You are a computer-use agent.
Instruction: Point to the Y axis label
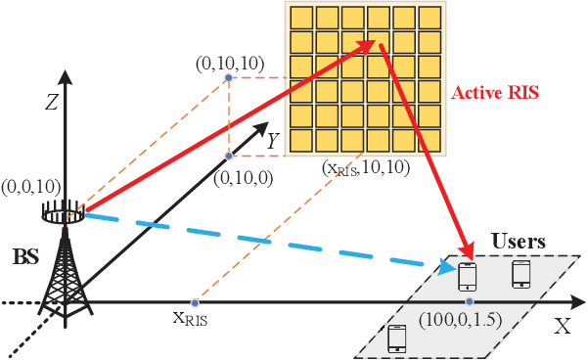pyautogui.click(x=275, y=143)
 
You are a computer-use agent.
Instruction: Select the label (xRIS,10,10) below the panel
pyautogui.click(x=365, y=169)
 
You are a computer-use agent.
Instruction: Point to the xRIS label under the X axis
pyautogui.click(x=192, y=318)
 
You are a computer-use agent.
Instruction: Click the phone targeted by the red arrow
pyautogui.click(x=469, y=276)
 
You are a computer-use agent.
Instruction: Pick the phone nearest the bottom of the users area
pyautogui.click(x=397, y=337)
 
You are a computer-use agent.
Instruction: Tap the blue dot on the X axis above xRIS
pyautogui.click(x=195, y=301)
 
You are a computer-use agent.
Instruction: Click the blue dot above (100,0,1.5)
pyautogui.click(x=470, y=301)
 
